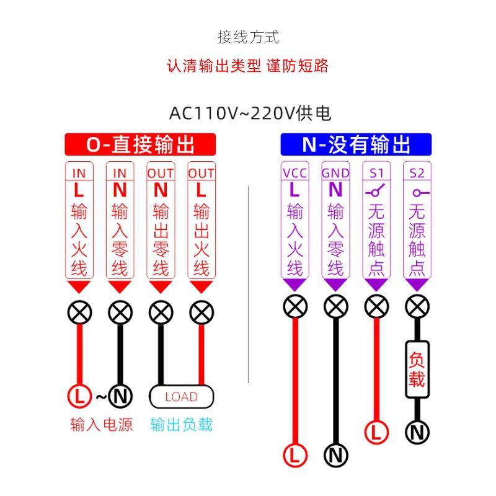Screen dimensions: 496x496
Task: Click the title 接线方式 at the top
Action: point(248,37)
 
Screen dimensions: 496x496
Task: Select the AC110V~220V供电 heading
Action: point(250,113)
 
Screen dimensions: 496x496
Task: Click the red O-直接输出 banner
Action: point(140,145)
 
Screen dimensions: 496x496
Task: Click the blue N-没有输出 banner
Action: point(356,145)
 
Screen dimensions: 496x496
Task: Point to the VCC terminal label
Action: point(294,173)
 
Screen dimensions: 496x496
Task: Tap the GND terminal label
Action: point(335,173)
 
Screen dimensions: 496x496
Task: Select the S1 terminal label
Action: point(376,173)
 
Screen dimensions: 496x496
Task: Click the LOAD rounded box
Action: point(181,396)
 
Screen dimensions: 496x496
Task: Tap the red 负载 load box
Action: point(417,370)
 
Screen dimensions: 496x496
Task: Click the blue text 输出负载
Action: point(181,425)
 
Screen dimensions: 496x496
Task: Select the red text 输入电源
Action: point(102,425)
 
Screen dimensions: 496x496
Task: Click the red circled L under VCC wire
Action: point(295,456)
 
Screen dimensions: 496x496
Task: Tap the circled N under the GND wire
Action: point(335,456)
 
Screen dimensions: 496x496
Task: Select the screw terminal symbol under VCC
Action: point(295,306)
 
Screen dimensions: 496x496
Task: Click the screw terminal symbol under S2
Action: point(417,306)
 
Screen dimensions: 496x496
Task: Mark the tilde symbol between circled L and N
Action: point(101,395)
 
